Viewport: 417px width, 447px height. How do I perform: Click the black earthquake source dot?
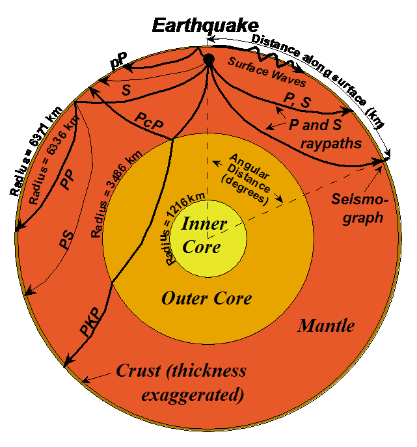click(209, 60)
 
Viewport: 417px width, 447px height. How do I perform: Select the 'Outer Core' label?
click(206, 299)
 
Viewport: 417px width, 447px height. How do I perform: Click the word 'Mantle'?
click(326, 325)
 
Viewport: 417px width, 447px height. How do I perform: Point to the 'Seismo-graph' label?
click(356, 208)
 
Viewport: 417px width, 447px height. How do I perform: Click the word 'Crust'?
click(138, 371)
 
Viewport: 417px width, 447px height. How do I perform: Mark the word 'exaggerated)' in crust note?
click(193, 394)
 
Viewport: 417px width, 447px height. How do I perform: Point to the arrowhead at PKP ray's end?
click(68, 364)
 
